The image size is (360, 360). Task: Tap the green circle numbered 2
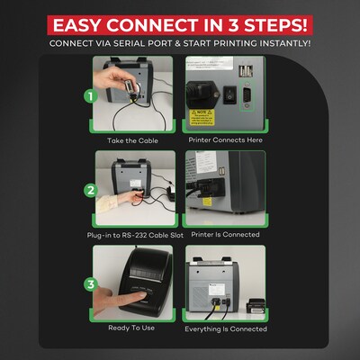pyautogui.click(x=91, y=190)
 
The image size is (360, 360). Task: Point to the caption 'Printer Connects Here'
pyautogui.click(x=225, y=141)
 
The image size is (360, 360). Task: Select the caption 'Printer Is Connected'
pyautogui.click(x=225, y=234)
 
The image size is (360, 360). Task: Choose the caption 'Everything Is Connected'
pyautogui.click(x=225, y=328)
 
